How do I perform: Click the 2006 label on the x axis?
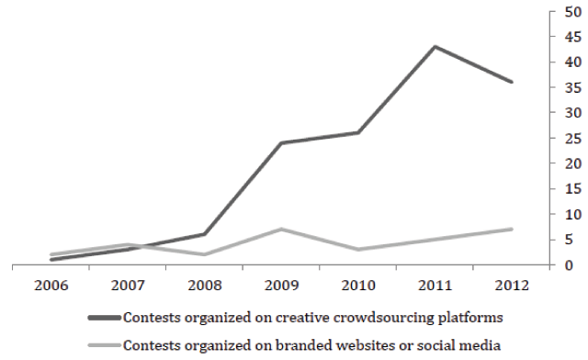tap(51, 286)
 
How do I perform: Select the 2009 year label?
tap(282, 286)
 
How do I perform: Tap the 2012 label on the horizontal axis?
tap(512, 286)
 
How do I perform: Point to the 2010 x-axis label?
tap(358, 286)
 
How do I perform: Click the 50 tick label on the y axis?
tap(572, 12)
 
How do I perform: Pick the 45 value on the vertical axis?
tap(572, 37)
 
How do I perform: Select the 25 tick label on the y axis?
tap(572, 139)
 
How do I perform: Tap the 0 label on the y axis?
tap(569, 265)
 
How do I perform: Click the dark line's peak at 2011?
tap(435, 47)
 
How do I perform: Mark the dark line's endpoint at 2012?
tap(512, 82)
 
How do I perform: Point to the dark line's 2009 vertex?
tap(281, 143)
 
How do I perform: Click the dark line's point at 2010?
tap(358, 133)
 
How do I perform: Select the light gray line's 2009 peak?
tap(281, 229)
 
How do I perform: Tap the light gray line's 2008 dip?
tap(204, 254)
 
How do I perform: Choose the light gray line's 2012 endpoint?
tap(512, 229)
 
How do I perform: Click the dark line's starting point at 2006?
tap(51, 260)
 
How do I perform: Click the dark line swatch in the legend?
tap(105, 318)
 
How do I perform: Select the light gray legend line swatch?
tap(105, 345)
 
